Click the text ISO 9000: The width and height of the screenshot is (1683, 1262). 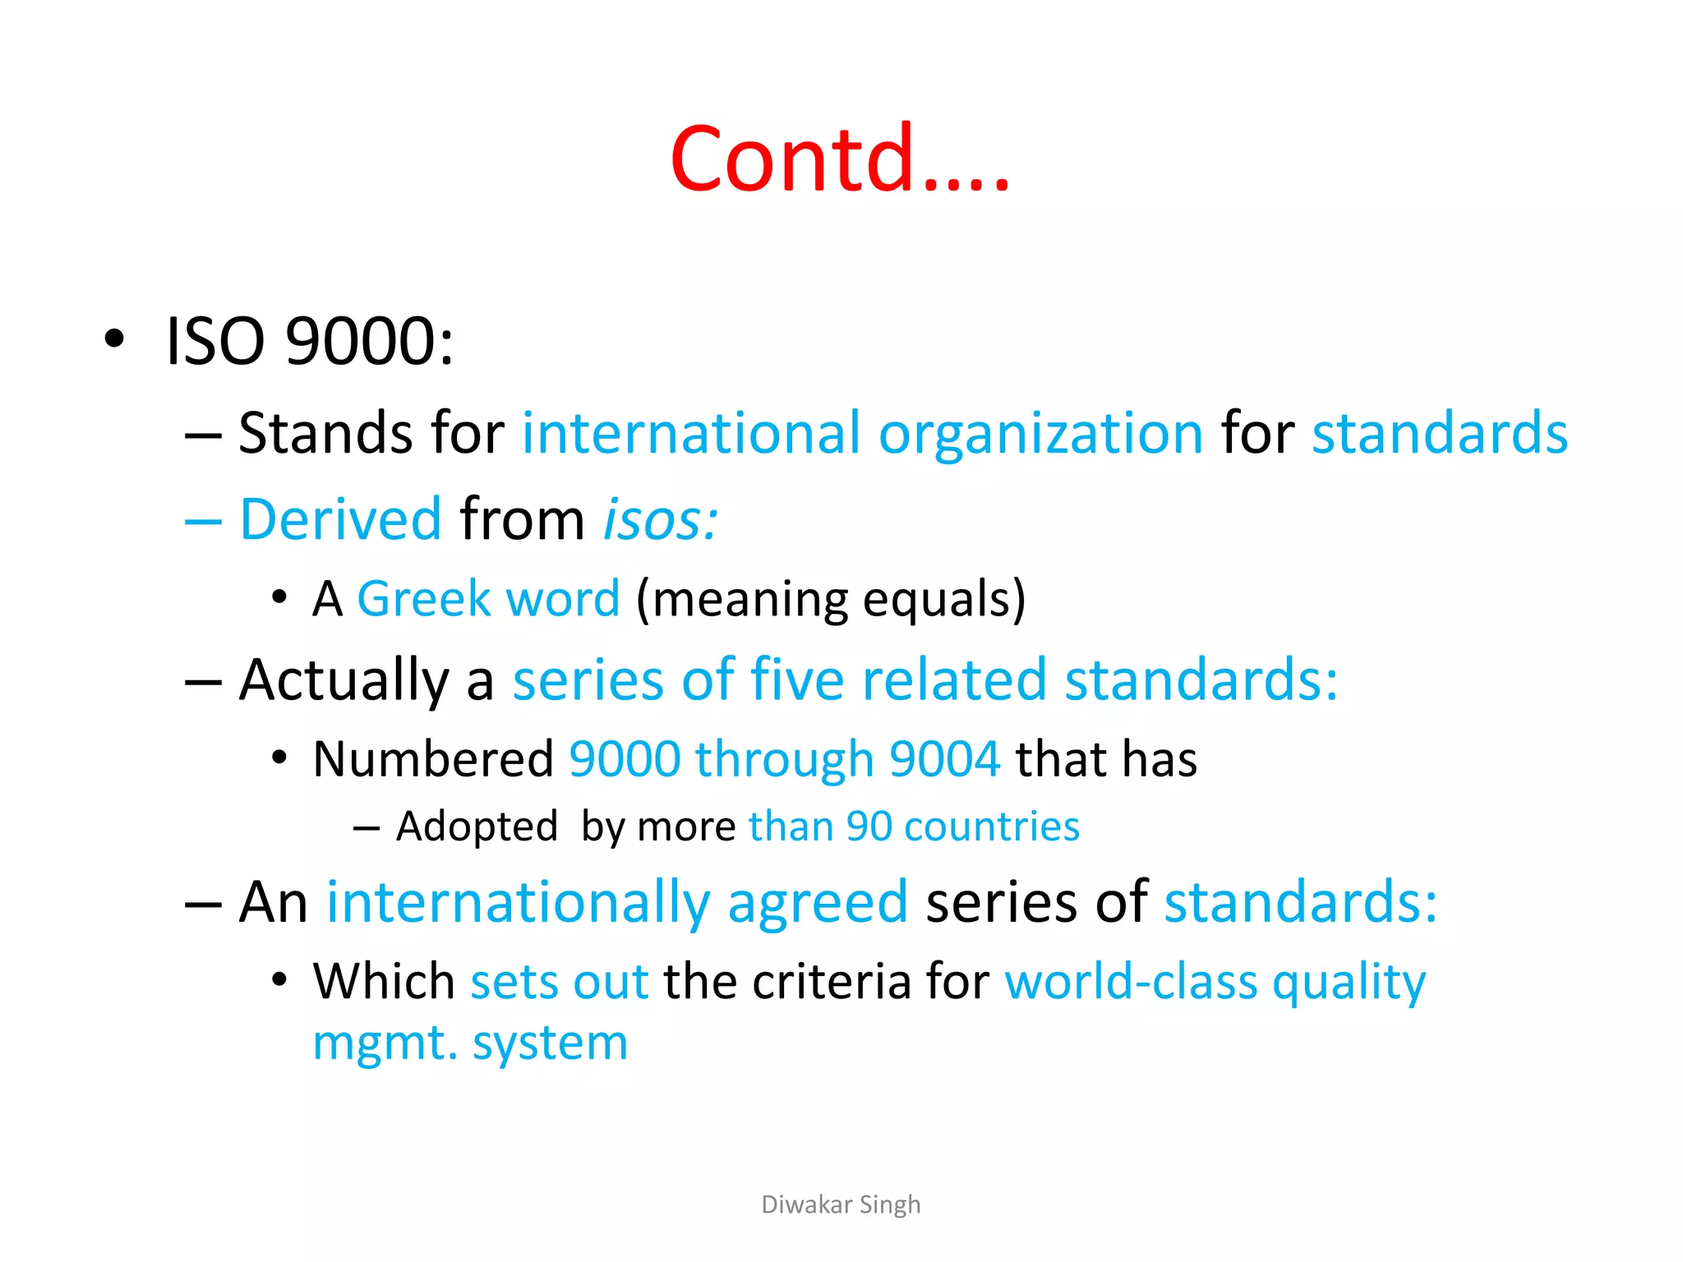309,341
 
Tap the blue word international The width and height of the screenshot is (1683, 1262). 691,433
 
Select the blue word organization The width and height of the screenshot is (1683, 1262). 1040,435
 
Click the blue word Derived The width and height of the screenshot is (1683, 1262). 340,520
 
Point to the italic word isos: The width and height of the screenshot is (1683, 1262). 661,520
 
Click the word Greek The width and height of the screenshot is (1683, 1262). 423,598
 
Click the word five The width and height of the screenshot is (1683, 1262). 796,680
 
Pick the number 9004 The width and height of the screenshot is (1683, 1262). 945,758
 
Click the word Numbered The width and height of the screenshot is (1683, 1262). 433,758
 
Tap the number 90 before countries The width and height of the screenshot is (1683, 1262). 869,827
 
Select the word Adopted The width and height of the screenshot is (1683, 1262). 477,827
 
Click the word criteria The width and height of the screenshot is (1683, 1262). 831,982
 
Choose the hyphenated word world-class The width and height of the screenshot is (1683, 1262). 1131,982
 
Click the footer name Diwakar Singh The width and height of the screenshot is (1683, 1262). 841,1204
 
